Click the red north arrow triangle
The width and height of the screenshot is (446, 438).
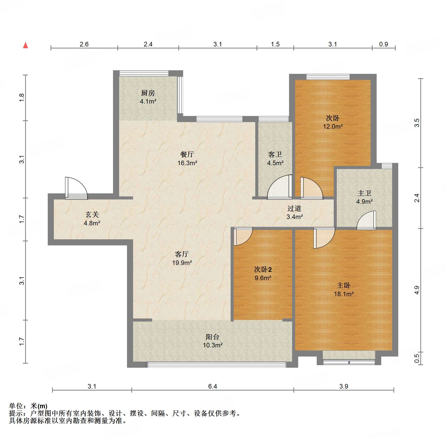coord(25,45)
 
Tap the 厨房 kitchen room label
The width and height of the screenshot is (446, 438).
coord(148,93)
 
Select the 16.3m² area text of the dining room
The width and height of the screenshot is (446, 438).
coord(187,163)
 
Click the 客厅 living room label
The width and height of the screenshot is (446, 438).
coord(182,254)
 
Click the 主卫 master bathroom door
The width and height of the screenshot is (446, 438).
coord(367,220)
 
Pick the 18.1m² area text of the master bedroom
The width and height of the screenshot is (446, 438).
coord(344,294)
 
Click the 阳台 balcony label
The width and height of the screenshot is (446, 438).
coord(213,337)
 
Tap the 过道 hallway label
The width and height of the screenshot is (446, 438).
coord(294,208)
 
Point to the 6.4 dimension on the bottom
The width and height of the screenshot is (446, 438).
coord(213,386)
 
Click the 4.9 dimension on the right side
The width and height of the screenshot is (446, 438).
coord(417,290)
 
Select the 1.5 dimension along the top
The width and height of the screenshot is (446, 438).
coord(275,44)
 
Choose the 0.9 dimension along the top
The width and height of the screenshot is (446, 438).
coord(384,44)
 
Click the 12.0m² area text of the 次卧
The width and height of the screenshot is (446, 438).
coord(333,126)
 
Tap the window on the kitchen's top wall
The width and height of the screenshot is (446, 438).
coord(144,73)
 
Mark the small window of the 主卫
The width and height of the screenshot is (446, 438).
coord(387,166)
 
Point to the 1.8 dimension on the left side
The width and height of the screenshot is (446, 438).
coord(22,98)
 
